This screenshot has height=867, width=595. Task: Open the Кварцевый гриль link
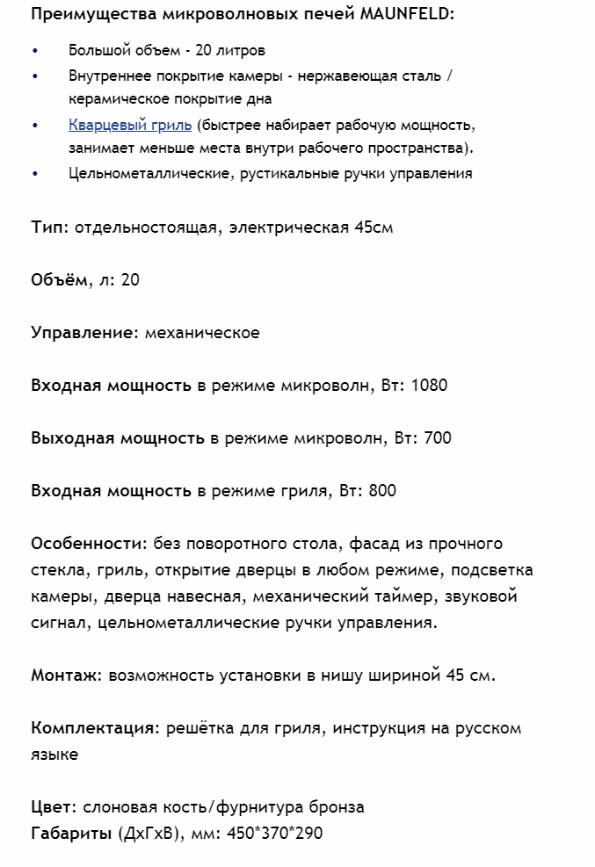point(130,125)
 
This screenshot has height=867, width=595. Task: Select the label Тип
point(47,228)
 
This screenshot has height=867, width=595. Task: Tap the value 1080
point(431,386)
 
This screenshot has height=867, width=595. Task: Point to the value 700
point(437,438)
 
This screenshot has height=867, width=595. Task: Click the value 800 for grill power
point(382,491)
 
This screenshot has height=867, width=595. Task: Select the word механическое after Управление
point(201,333)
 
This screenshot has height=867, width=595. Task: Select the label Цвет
point(51,806)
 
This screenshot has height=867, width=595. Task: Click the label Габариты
point(71,833)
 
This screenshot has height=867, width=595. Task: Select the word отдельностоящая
point(151,228)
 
